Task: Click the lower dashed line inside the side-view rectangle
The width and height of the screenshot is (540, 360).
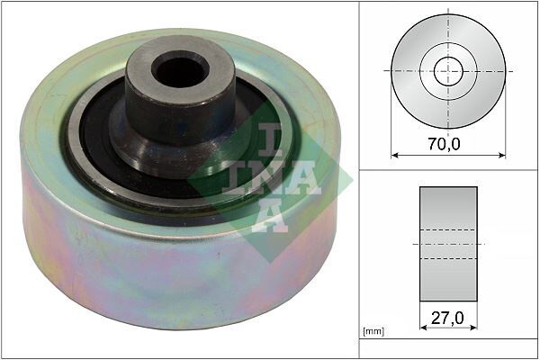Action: click(x=448, y=259)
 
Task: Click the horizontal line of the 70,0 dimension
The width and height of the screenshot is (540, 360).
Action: click(x=423, y=154)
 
